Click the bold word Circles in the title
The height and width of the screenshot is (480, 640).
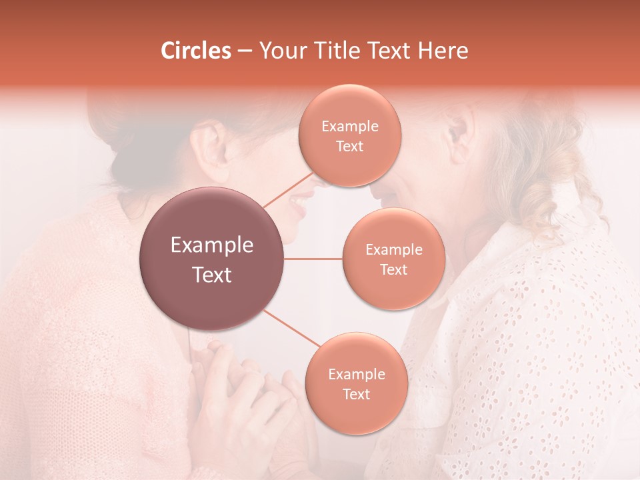point(196,51)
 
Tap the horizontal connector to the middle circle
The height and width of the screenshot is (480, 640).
point(313,259)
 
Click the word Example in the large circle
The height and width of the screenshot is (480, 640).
point(212,245)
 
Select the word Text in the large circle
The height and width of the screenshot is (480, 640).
point(212,275)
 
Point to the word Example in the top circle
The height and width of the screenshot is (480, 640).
point(350,127)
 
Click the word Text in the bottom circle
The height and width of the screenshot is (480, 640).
point(356,394)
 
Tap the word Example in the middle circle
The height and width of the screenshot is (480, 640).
point(394,250)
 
